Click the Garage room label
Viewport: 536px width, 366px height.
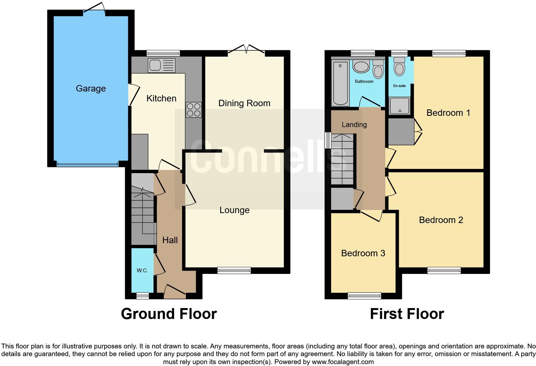pyautogui.click(x=91, y=89)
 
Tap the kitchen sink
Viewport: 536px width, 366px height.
pyautogui.click(x=162, y=65)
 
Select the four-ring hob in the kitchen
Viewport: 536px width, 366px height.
pyautogui.click(x=194, y=110)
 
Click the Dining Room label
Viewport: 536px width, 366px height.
pyautogui.click(x=244, y=103)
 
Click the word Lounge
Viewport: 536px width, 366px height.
pyautogui.click(x=234, y=210)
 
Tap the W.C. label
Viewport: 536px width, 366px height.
pyautogui.click(x=142, y=270)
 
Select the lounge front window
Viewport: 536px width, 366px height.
pyautogui.click(x=234, y=271)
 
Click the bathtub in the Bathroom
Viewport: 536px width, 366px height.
pyautogui.click(x=340, y=83)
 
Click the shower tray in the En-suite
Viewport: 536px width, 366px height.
pyautogui.click(x=399, y=106)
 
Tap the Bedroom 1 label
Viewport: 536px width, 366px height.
pyautogui.click(x=448, y=113)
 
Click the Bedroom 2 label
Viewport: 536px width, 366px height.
pyautogui.click(x=441, y=220)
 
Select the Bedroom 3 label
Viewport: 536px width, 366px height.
pyautogui.click(x=363, y=253)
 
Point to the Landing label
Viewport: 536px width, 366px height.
pyautogui.click(x=354, y=125)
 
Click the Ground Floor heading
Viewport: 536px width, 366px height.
pyautogui.click(x=169, y=314)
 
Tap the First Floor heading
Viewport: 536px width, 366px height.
pyautogui.click(x=407, y=314)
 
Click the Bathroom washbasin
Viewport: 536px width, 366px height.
pyautogui.click(x=361, y=67)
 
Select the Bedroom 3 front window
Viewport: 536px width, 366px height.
pyautogui.click(x=364, y=296)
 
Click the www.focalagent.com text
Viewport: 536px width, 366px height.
pyautogui.click(x=342, y=362)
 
